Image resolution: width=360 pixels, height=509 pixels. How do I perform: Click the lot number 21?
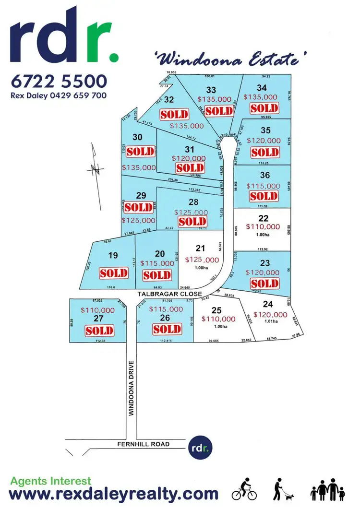point(201,248)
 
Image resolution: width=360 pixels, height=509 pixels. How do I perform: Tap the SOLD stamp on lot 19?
point(114,273)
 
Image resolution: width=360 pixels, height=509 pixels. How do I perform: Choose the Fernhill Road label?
point(144,444)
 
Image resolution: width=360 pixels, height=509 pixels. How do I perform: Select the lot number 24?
point(267,303)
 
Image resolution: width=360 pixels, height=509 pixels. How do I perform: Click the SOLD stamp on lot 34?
point(264,108)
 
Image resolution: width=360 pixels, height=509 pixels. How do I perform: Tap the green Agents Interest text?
point(50,480)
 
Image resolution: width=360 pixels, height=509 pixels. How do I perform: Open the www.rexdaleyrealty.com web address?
point(114,494)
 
